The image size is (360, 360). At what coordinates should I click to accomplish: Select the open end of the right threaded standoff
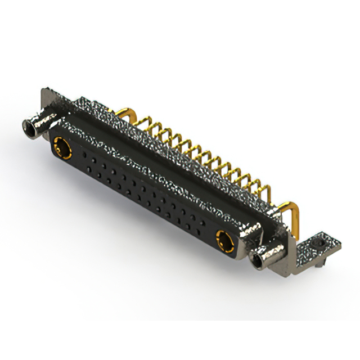coord(260,260)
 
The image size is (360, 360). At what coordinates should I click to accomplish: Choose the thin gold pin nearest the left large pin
coord(147,127)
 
